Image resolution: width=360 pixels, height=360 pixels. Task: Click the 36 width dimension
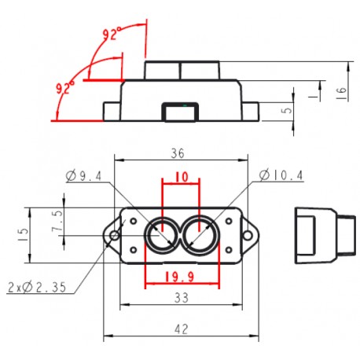point(179,153)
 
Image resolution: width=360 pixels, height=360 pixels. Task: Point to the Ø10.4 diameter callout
point(279,175)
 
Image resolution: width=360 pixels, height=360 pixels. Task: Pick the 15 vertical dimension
point(24,233)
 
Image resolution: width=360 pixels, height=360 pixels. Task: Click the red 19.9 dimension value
point(180,277)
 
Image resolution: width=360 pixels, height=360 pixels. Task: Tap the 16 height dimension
point(340,92)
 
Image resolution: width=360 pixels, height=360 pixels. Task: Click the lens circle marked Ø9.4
point(162,234)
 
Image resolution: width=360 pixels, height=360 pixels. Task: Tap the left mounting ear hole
point(115,235)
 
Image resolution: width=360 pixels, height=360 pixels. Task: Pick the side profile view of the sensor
point(320,234)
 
